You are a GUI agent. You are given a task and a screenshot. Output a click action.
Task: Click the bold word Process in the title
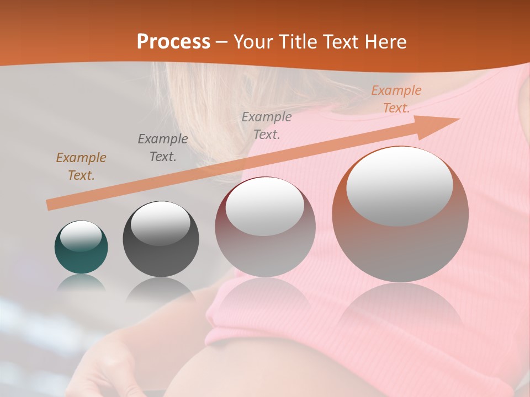coord(173,42)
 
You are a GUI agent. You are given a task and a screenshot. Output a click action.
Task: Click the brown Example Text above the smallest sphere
coord(81,167)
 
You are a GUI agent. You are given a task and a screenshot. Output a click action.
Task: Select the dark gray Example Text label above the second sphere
coord(163,148)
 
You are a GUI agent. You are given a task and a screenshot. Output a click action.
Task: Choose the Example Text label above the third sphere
coord(267,126)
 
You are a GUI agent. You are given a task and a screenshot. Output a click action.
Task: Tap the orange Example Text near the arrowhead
coord(396,99)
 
